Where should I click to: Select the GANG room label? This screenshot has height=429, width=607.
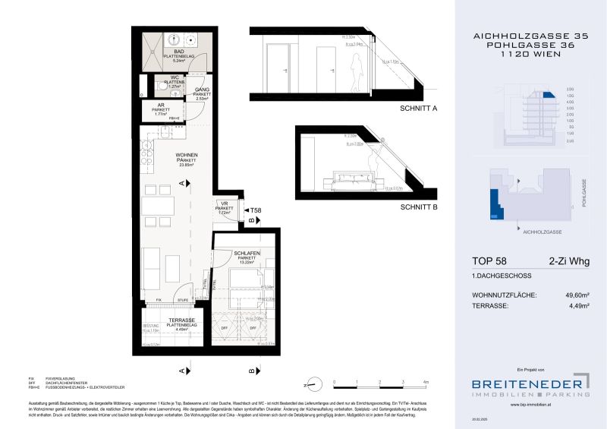coord(201,90)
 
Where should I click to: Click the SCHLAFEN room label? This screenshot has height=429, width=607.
coord(248,253)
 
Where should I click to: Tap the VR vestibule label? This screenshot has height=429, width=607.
coord(224,204)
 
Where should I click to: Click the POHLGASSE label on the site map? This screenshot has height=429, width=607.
coord(584,192)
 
